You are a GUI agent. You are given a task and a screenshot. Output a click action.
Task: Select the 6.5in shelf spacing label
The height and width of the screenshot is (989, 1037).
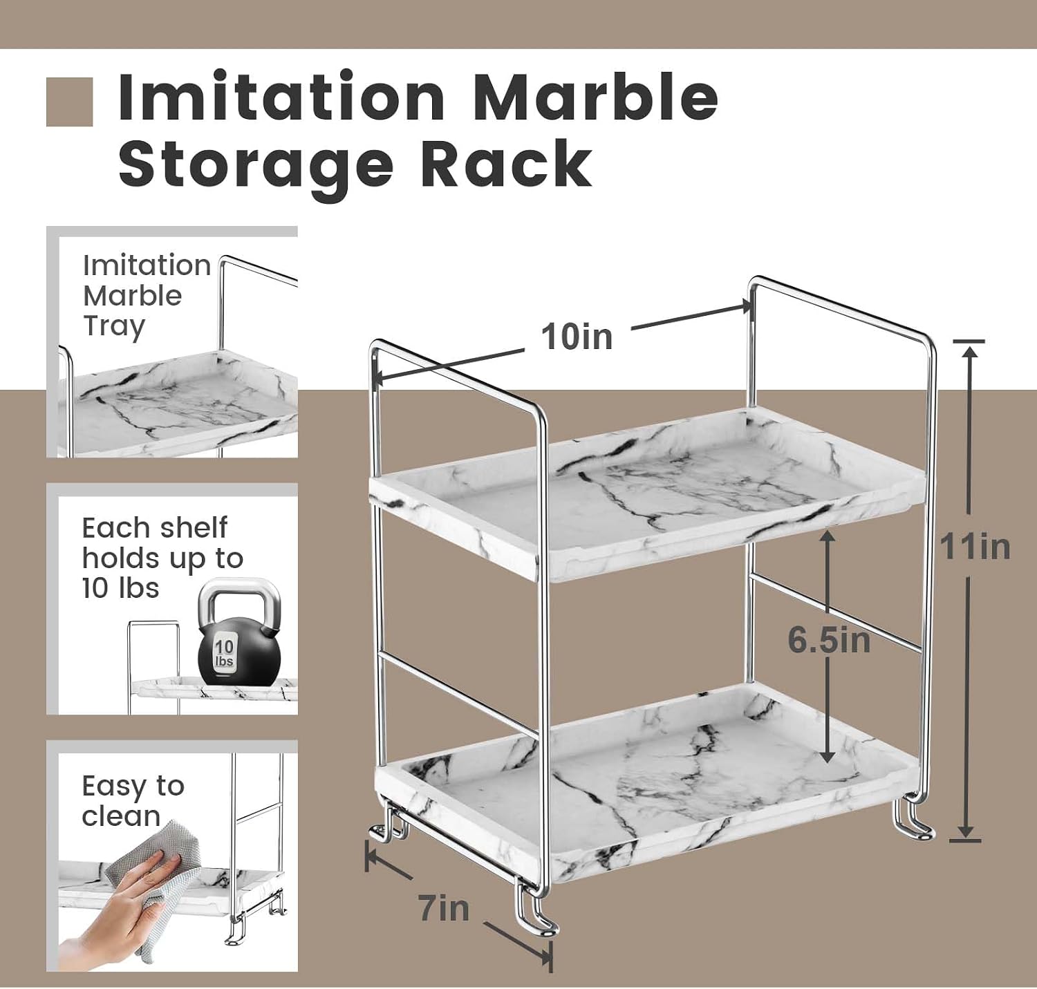point(829,640)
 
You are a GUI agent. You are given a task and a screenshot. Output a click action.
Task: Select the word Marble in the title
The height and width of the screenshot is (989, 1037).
point(595,98)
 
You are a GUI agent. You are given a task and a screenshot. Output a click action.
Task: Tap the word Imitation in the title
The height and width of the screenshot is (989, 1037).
point(282,97)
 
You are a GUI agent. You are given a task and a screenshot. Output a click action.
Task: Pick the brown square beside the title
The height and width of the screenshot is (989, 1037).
point(70,102)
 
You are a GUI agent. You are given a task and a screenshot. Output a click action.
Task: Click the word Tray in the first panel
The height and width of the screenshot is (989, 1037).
point(114,328)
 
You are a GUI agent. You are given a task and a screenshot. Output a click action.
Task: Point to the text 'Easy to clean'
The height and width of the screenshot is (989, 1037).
point(133,801)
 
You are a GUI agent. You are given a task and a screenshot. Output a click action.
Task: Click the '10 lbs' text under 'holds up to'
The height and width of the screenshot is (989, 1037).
point(120,588)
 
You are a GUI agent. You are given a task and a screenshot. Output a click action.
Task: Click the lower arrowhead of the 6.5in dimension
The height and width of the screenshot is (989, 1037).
point(828,756)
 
